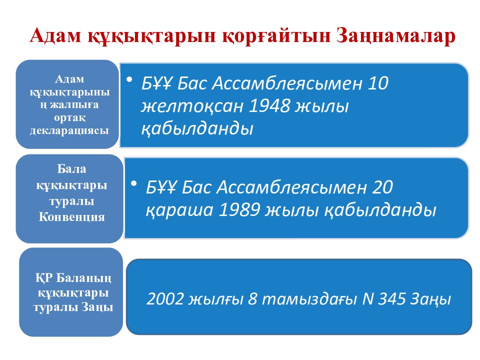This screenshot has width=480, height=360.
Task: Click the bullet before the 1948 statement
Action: click(x=129, y=79)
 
